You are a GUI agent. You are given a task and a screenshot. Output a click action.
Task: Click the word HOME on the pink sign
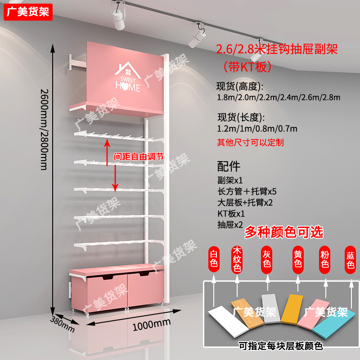click(128, 87)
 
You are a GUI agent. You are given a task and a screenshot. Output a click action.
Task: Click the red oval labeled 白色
click(214, 259)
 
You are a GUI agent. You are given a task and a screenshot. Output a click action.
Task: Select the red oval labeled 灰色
click(266, 259)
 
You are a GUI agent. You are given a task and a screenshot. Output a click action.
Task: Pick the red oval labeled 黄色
click(297, 259)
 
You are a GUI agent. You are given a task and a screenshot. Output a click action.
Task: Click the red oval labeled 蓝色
click(351, 259)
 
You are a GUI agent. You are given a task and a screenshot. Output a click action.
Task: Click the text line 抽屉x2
click(230, 224)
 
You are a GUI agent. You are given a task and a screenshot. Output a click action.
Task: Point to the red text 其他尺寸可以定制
click(250, 142)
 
